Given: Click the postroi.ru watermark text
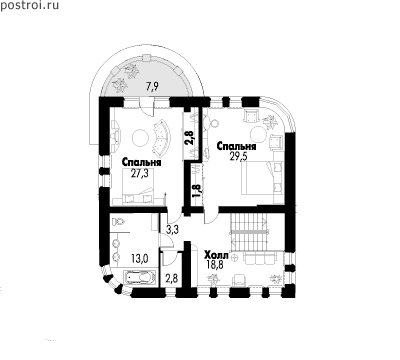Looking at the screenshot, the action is (29, 6).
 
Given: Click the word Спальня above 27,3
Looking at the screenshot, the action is (142, 163).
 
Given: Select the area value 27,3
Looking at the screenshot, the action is (139, 174).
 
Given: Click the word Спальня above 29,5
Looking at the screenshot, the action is (236, 146).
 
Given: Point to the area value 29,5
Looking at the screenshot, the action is (239, 157).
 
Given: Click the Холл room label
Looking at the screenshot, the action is (216, 256).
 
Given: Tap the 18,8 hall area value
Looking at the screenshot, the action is (214, 265).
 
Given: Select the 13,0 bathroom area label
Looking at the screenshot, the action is (140, 258).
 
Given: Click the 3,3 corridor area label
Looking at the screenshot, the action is (172, 230).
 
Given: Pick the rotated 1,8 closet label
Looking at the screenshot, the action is (197, 190).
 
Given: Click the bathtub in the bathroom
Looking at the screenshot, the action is (140, 277).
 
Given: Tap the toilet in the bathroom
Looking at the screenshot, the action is (118, 221).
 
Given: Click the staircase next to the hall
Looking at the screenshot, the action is (249, 231).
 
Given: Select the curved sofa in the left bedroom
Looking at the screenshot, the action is (161, 138).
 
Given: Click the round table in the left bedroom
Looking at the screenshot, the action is (140, 137).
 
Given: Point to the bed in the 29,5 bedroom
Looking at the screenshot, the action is (263, 177).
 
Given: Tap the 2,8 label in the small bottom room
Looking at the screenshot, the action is (172, 278).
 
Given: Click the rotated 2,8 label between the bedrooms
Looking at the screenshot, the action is (190, 138).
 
